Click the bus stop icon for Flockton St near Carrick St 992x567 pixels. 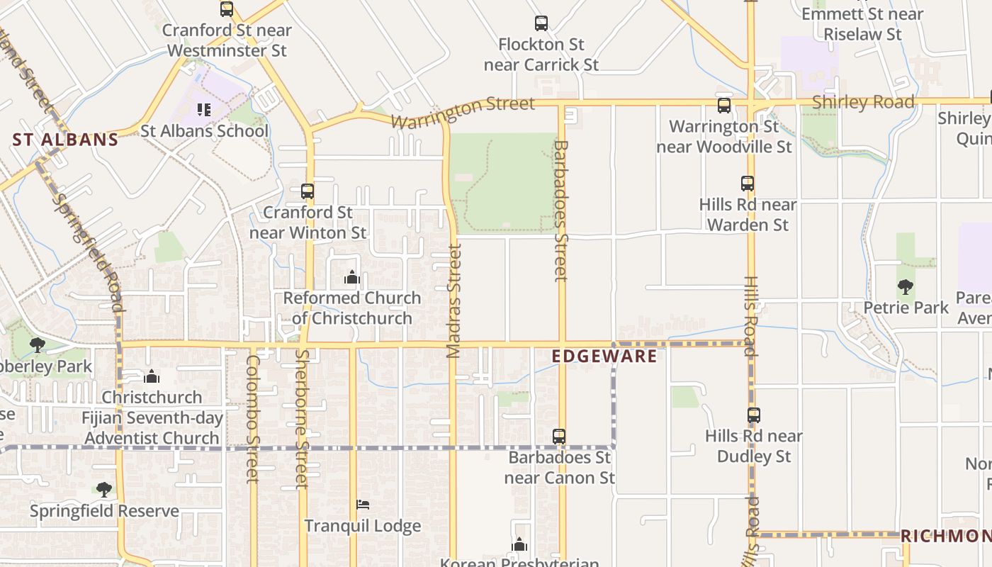[541, 23]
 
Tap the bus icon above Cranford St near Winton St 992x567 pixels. [308, 191]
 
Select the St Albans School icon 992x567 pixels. [204, 110]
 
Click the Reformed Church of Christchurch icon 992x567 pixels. [352, 277]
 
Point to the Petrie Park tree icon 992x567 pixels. [905, 287]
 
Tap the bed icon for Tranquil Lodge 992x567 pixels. [362, 505]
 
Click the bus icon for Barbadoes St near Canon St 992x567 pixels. [559, 436]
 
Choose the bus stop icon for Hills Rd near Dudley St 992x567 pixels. [754, 415]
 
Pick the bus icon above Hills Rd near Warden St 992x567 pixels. [748, 184]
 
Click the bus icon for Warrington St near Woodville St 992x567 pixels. [723, 106]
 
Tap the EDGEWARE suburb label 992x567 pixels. [604, 356]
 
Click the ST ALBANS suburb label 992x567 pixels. [65, 139]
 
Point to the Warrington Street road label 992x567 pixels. [463, 112]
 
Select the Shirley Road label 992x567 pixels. [863, 102]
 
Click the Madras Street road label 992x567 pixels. [454, 301]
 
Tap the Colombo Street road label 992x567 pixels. [252, 418]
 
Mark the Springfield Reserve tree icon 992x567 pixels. [104, 489]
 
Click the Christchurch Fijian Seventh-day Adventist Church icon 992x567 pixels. [152, 376]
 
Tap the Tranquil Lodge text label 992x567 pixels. [363, 526]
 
